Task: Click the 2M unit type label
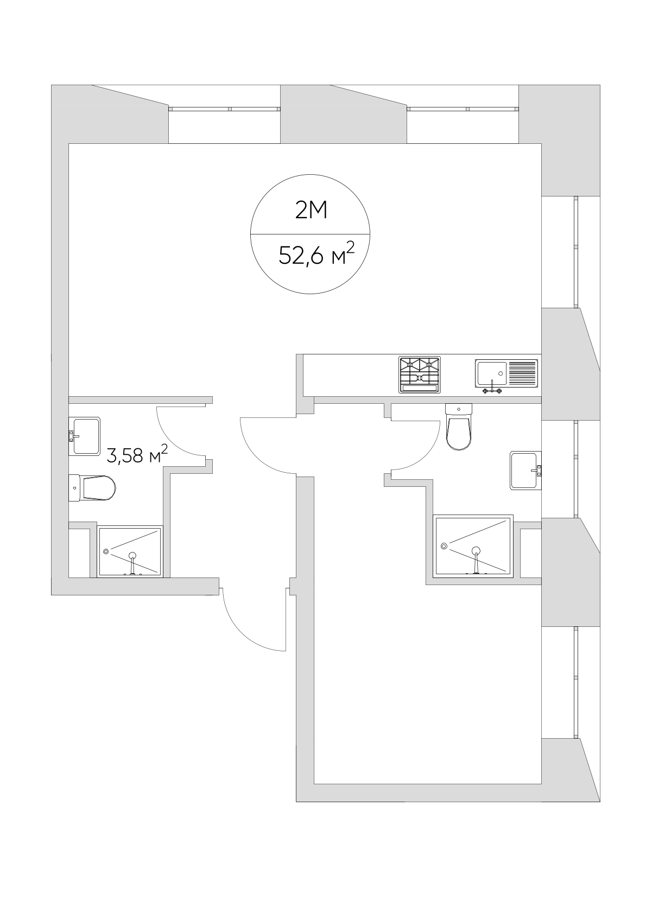tap(312, 211)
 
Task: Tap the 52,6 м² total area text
tap(316, 254)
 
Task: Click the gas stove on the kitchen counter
tap(420, 375)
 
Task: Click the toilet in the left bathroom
tap(92, 488)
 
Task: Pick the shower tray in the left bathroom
tap(130, 551)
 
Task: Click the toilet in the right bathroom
tap(459, 427)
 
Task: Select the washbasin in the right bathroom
tap(525, 471)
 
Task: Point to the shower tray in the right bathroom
tap(473, 547)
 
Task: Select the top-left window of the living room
tap(224, 109)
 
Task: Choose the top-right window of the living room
tap(463, 109)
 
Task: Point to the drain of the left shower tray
tap(106, 551)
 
